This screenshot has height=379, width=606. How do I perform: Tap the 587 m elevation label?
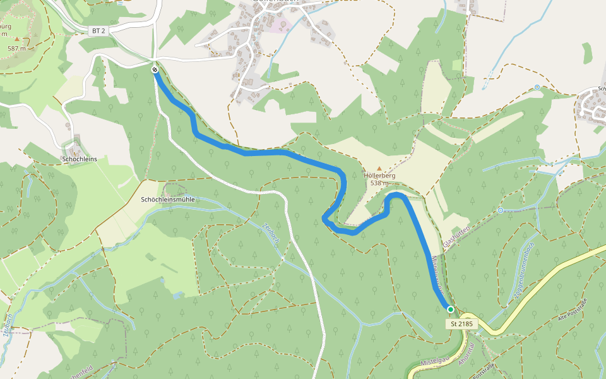17,49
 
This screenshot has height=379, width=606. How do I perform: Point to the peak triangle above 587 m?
17,39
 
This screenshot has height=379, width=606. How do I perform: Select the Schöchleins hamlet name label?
80,159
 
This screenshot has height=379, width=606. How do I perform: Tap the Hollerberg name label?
379,175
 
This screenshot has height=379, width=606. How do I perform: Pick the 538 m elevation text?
379,183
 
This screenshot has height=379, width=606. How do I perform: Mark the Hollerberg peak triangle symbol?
379,168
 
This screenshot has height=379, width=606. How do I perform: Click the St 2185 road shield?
462,324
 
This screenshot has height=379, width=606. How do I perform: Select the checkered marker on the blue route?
155,69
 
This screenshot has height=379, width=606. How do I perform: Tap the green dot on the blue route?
450,309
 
